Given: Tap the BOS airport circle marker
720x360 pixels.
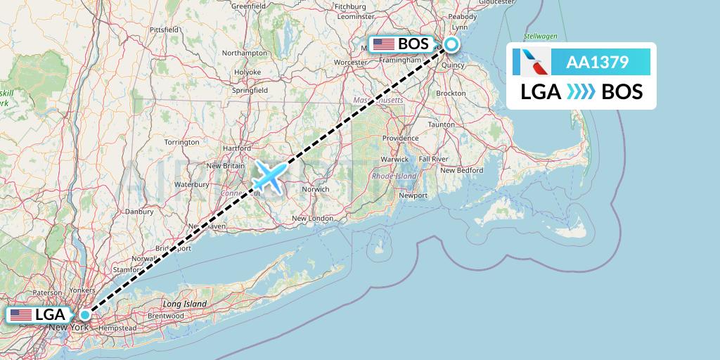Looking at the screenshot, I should click(451, 44).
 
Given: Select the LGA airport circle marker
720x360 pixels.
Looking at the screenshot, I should click(85, 314).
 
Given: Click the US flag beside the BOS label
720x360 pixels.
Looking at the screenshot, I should click(384, 44).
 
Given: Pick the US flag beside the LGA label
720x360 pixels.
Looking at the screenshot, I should click(22, 315).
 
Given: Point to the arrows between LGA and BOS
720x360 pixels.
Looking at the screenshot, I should click(581, 91).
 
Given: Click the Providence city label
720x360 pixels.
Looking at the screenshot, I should click(401, 139).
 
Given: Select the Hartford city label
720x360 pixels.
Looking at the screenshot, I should click(236, 148).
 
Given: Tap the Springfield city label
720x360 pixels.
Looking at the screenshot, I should click(250, 91).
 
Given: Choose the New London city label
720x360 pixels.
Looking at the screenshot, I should click(312, 219).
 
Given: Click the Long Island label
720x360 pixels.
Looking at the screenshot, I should click(184, 304).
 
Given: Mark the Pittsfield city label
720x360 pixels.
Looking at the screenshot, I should click(163, 30).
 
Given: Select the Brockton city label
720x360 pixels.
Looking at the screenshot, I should click(451, 93).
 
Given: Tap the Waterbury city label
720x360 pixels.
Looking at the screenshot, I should click(193, 184).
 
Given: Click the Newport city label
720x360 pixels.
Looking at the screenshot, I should click(413, 195).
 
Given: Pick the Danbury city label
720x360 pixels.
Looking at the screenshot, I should click(139, 211).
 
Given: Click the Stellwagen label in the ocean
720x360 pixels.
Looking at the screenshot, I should click(540, 35).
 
